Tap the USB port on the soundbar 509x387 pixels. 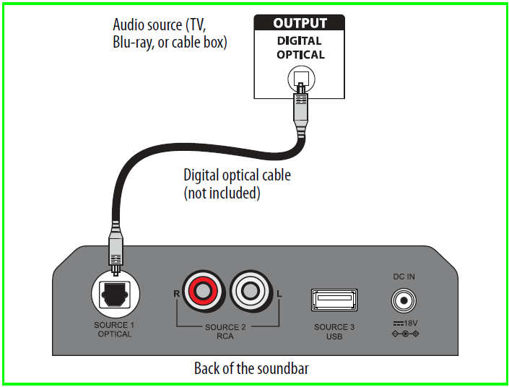pos(334,298)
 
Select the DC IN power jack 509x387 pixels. pos(404,299)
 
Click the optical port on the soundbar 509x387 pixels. pos(115,294)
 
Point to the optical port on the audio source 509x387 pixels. pos(300,78)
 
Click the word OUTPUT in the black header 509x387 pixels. pos(300,23)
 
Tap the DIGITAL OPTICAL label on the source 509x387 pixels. pos(300,48)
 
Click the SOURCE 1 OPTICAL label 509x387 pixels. pos(115,329)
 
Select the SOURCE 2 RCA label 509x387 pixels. pos(225,331)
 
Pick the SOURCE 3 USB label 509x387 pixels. pos(334,331)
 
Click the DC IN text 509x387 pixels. pos(404,277)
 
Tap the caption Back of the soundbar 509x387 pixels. pos(251,368)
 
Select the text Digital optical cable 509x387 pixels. pos(237,175)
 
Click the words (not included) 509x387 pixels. pos(222,193)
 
